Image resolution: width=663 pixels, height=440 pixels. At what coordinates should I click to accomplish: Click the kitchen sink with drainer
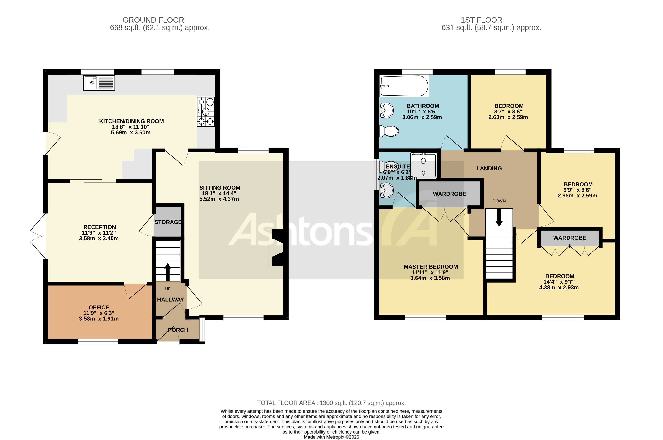[x=99, y=83]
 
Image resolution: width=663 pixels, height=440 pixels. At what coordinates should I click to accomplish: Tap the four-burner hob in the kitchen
[x=205, y=112]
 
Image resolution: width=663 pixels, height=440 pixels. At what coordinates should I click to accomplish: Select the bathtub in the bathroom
[x=404, y=86]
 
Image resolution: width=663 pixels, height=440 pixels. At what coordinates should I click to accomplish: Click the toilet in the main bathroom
[x=389, y=131]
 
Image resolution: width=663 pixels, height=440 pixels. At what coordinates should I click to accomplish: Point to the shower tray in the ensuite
[x=423, y=166]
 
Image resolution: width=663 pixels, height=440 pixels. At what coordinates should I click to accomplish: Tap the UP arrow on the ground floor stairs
[x=168, y=272]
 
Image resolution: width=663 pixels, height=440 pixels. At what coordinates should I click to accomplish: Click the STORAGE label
[x=168, y=222]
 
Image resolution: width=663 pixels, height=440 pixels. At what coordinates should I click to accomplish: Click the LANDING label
[x=489, y=168]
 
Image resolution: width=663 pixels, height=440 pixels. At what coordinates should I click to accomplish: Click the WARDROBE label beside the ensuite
[x=449, y=194]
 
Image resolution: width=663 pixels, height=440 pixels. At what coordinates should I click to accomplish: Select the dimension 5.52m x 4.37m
[x=219, y=199]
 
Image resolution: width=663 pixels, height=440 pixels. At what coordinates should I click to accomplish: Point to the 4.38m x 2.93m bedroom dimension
[x=559, y=287]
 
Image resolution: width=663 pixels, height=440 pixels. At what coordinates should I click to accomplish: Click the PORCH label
[x=178, y=330]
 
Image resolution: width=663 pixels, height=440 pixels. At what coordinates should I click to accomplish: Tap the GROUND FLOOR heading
[x=153, y=20]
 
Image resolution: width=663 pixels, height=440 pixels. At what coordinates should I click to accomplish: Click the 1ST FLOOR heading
[x=481, y=20]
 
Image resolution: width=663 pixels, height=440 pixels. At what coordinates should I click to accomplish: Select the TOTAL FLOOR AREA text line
[x=331, y=403]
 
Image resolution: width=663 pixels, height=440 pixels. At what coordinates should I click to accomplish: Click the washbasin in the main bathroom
[x=386, y=110]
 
